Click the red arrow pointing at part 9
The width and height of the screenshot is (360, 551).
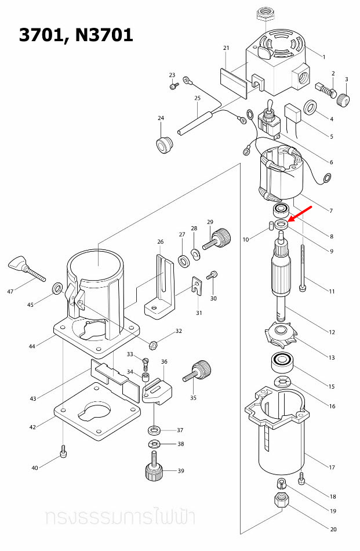pos(300,216)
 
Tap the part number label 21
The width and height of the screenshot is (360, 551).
pos(226,48)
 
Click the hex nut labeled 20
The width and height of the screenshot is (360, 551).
pos(281,499)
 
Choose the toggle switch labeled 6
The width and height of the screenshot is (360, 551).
pos(268,118)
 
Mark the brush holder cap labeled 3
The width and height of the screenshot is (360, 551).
pos(344,100)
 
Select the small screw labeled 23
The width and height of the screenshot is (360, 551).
pos(174,86)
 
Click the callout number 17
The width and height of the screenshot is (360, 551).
pos(332,467)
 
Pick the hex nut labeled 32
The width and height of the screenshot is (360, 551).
pos(154,344)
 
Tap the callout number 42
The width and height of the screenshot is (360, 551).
pos(33,427)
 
